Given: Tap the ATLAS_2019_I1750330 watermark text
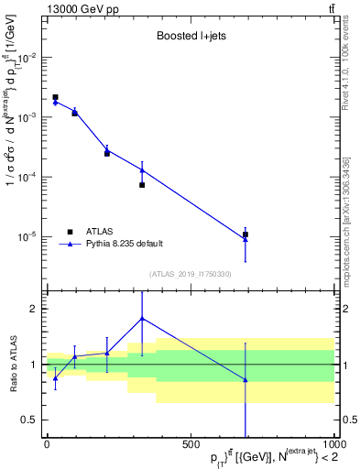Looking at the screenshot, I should (190, 273).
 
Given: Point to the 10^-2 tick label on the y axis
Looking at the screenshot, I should (27, 58).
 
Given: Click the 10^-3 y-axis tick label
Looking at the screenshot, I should (27, 117).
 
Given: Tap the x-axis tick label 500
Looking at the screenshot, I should (191, 445).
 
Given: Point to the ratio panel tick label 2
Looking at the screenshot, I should (33, 309).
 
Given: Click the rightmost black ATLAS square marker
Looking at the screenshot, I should (245, 234).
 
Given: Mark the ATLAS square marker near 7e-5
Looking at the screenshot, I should (142, 185).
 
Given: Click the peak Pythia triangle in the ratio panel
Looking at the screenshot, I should (142, 319).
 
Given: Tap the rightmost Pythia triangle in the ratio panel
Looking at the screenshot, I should (245, 379).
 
